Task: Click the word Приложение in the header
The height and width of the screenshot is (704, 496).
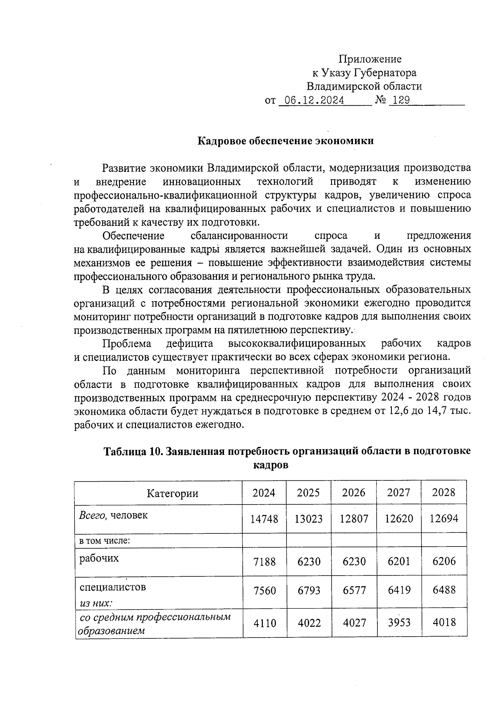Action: (x=370, y=59)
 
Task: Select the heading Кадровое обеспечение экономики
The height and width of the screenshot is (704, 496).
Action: (x=286, y=141)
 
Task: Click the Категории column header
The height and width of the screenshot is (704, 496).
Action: (x=172, y=493)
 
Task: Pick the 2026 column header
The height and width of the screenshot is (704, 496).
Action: (x=354, y=492)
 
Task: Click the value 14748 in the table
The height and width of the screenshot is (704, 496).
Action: (x=264, y=519)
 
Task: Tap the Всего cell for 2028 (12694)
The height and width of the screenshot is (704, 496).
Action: (x=444, y=518)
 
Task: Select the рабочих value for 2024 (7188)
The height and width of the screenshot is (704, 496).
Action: (x=265, y=561)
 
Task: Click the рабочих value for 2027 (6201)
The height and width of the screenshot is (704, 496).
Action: (x=399, y=561)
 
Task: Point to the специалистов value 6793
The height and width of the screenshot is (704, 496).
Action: (x=309, y=590)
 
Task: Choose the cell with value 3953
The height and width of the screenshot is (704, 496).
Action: (x=399, y=622)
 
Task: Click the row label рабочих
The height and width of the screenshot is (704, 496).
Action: (x=99, y=558)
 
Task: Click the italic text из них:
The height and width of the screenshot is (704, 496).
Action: (x=96, y=603)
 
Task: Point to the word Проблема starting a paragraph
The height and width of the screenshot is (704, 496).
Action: (x=127, y=343)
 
